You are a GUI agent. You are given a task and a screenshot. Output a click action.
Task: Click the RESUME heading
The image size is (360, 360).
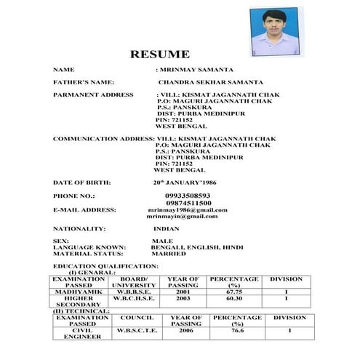click(159, 54)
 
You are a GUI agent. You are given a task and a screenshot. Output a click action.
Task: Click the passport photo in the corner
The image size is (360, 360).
click(273, 33)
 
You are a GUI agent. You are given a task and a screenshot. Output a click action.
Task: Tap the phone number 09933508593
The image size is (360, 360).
click(188, 196)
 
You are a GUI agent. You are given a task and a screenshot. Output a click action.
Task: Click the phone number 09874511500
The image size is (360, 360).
click(188, 203)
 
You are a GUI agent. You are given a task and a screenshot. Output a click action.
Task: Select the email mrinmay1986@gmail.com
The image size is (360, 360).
click(187, 209)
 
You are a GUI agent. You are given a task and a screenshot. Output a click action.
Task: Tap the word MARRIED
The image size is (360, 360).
click(167, 254)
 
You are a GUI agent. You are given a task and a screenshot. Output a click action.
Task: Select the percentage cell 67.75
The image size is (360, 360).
click(233, 291)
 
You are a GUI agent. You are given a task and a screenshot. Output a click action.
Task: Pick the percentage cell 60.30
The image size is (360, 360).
click(233, 297)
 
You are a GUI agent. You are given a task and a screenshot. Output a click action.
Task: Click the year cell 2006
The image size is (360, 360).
click(186, 330)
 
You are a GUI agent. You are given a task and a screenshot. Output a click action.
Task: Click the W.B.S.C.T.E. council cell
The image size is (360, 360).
click(136, 330)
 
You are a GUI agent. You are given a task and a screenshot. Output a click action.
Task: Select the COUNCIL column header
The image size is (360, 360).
click(136, 317)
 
